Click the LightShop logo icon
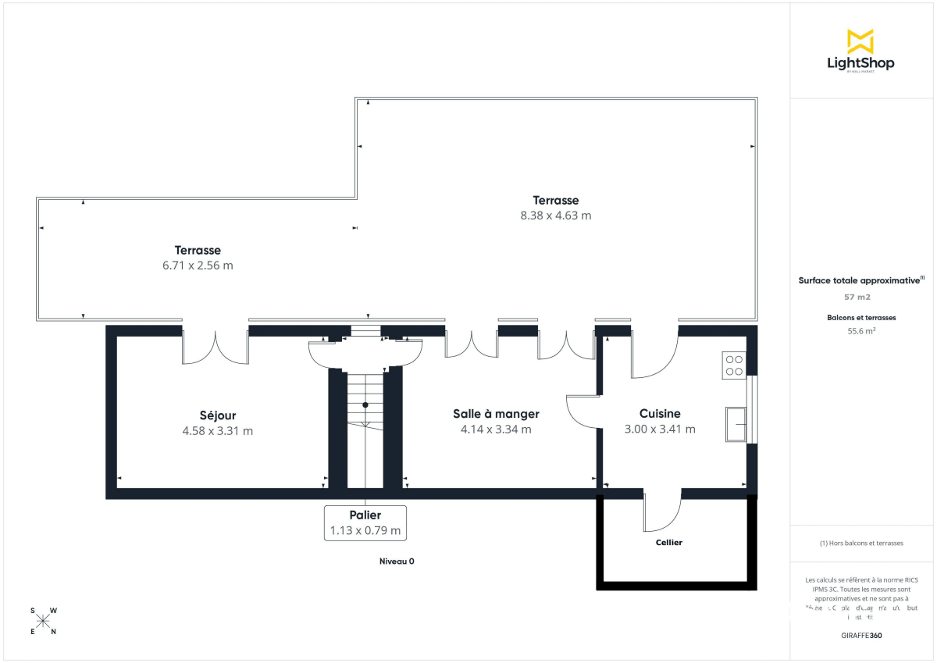[x=860, y=41]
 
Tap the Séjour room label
[x=217, y=415]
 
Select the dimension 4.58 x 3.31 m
[x=217, y=430]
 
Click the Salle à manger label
[x=496, y=414]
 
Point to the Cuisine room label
[x=660, y=414]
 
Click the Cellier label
[x=669, y=542]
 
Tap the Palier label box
[x=365, y=522]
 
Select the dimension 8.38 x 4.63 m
[x=556, y=216]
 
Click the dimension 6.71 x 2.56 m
[x=198, y=266]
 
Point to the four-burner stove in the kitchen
[x=734, y=365]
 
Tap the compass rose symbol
[x=43, y=621]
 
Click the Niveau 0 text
[x=397, y=561]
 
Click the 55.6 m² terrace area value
[x=861, y=330]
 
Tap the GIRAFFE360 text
[x=861, y=636]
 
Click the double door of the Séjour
[x=216, y=348]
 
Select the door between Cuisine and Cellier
[x=662, y=512]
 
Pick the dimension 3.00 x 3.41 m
[x=660, y=429]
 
